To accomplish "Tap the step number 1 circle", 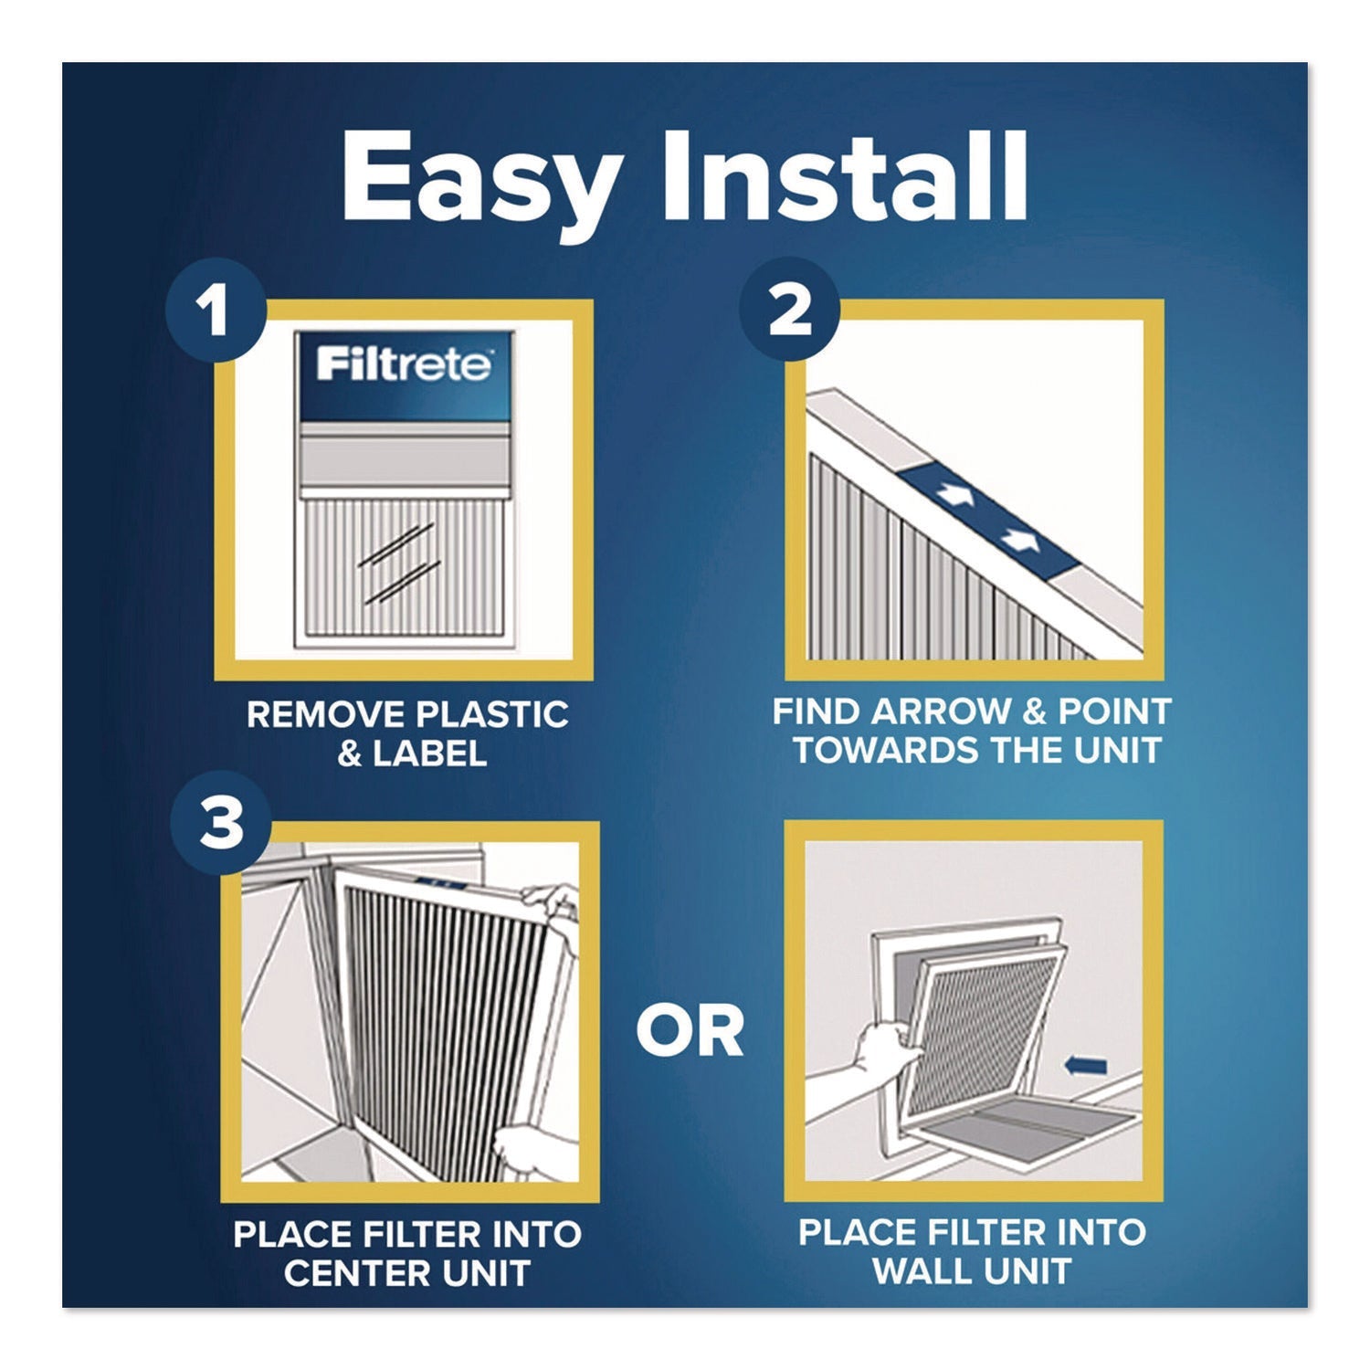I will [217, 312].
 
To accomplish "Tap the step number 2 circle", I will [791, 311].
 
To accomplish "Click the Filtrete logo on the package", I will [404, 364].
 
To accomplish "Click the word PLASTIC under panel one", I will [491, 713].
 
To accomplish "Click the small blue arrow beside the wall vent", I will [1086, 1065].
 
